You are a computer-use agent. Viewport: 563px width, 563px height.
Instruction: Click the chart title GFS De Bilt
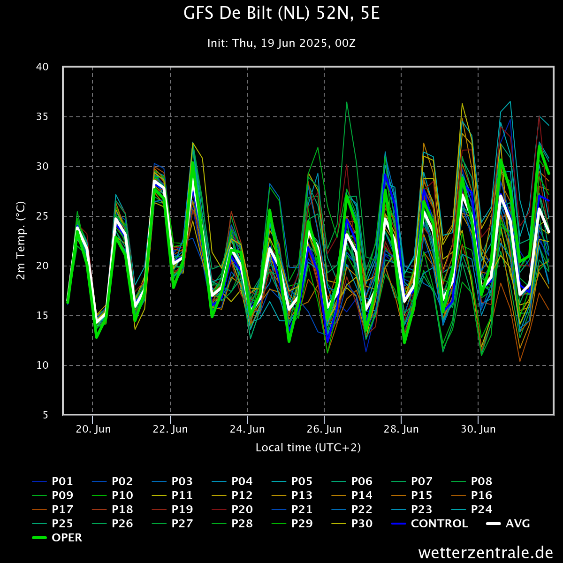coord(281,14)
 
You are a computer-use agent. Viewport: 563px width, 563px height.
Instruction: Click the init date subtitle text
coord(281,43)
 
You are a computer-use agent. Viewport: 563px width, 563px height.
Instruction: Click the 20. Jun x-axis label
coord(92,429)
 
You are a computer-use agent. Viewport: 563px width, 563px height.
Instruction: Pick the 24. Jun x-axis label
coord(247,429)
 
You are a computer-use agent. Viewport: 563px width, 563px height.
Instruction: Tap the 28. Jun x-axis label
coord(401,429)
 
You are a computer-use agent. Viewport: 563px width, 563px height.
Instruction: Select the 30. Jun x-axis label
coord(478,429)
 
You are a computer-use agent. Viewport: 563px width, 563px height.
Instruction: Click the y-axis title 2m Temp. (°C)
coord(21,241)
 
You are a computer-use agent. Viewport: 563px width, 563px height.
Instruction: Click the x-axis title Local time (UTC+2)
coord(308,448)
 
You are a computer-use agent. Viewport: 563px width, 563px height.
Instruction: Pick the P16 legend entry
coord(481,495)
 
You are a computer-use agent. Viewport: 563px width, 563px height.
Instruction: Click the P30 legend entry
coord(361,524)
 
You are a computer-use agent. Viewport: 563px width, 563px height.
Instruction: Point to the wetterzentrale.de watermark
coord(486,552)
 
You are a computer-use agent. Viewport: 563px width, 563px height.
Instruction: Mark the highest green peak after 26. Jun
coord(347,102)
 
